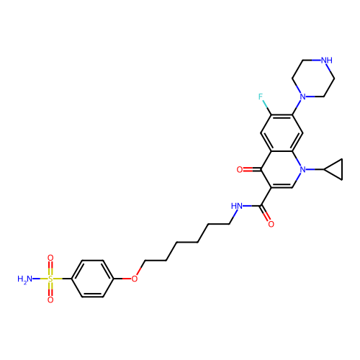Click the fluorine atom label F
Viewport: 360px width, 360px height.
(x=261, y=96)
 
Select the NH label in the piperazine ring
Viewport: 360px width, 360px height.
(x=327, y=60)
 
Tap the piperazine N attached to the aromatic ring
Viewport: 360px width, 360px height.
(x=303, y=96)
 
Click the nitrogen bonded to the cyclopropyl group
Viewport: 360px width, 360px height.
(x=303, y=169)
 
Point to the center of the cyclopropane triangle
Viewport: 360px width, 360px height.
(x=336, y=169)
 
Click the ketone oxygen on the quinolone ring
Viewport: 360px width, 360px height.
(x=240, y=169)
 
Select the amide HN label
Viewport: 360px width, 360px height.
(x=237, y=206)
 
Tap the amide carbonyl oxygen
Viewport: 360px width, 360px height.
(x=271, y=224)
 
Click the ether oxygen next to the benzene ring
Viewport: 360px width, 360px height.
(x=135, y=279)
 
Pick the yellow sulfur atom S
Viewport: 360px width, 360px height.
(x=50, y=279)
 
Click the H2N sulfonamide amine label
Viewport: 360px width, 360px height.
(x=24, y=279)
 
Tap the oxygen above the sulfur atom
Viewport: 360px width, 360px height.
(x=50, y=258)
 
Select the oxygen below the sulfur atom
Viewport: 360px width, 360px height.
(x=50, y=300)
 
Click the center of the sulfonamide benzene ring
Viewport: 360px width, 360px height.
(x=92, y=279)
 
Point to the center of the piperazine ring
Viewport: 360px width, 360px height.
(x=313, y=78)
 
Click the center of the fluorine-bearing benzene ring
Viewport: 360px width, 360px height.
(x=282, y=133)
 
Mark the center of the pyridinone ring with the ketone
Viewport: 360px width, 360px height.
(x=282, y=169)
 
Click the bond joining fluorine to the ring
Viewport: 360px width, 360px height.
(x=267, y=107)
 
